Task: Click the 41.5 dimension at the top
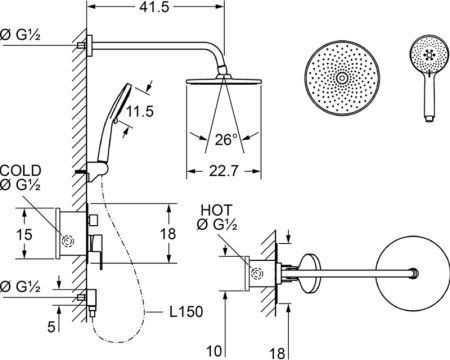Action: (155, 7)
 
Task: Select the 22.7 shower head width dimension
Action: (224, 171)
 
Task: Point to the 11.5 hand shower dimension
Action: (140, 111)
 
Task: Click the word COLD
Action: (21, 171)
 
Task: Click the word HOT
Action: (216, 210)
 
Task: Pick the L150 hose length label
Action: (186, 312)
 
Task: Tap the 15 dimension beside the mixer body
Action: (24, 235)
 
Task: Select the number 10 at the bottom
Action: (214, 351)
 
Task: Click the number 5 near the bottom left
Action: (51, 327)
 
